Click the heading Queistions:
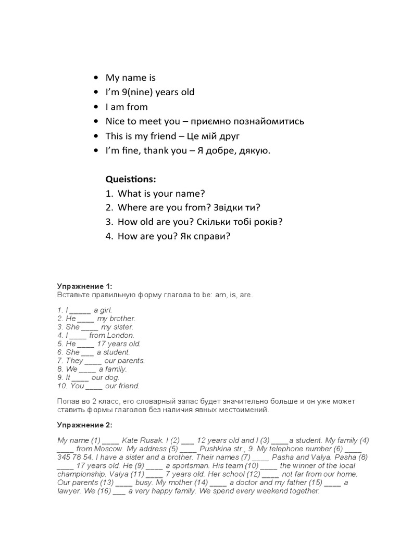tap(131, 179)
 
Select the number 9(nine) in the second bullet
tap(135, 93)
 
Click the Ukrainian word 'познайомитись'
tap(269, 122)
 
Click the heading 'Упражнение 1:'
tap(84, 286)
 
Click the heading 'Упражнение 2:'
tap(84, 425)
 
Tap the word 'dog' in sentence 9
tap(112, 377)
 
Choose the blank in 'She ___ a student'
tap(87, 352)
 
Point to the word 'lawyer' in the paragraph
tap(69, 491)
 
